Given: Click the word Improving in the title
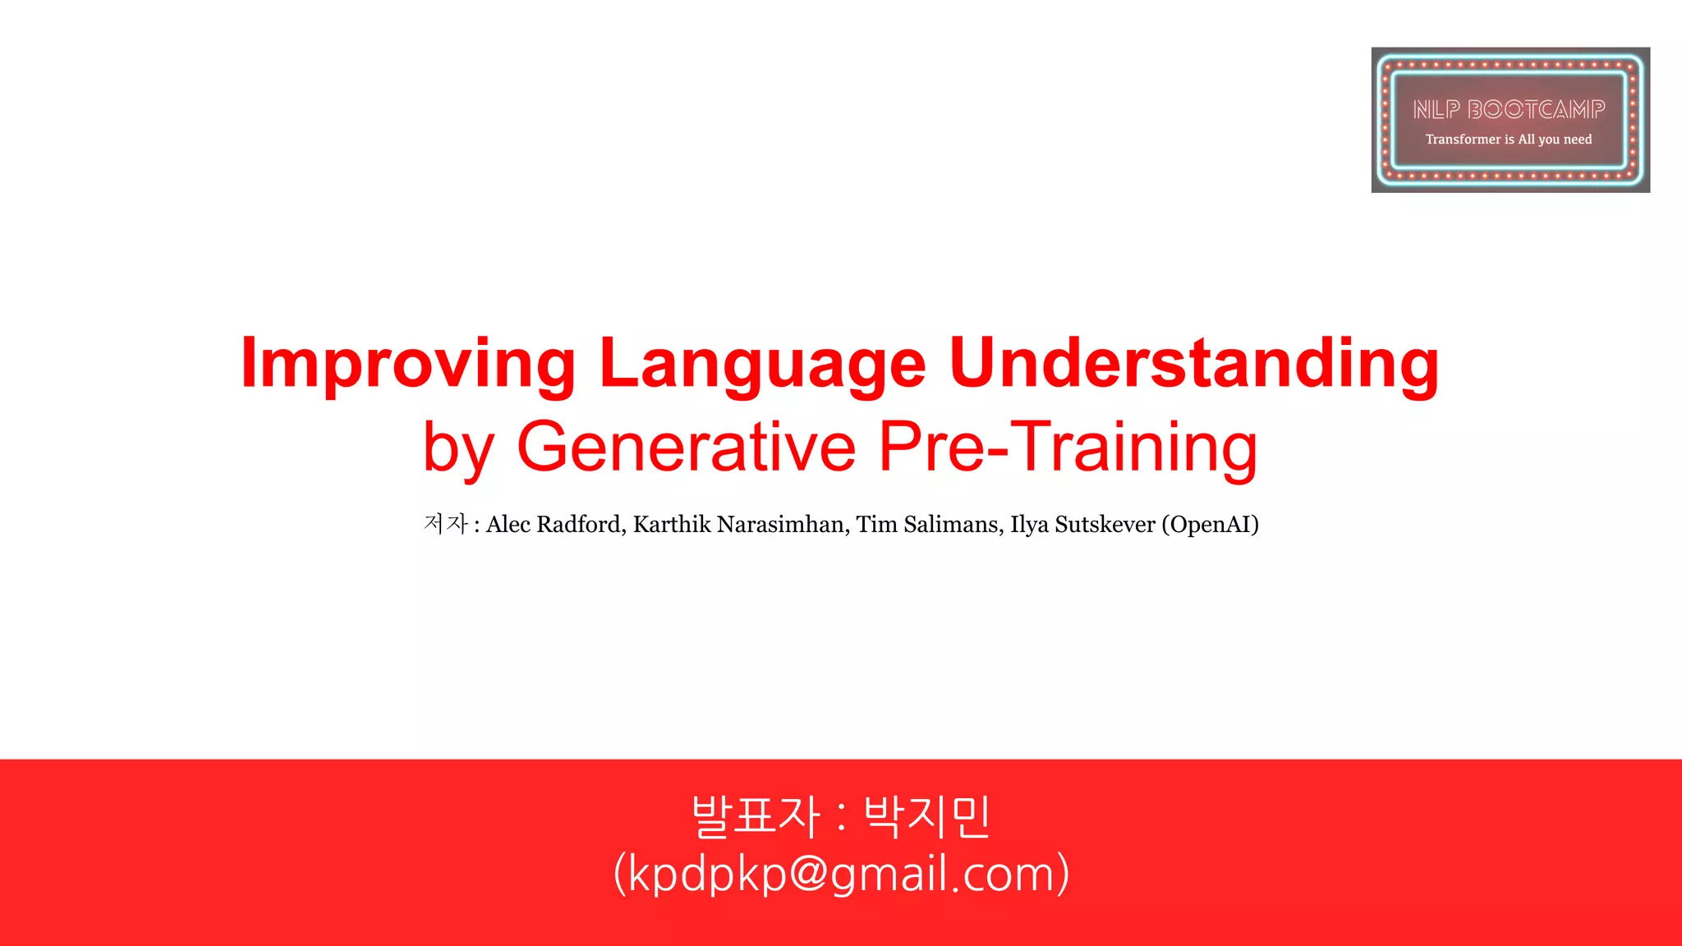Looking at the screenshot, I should click(x=408, y=364).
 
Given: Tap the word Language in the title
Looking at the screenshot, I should click(x=763, y=364).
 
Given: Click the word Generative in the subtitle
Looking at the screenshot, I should click(x=687, y=447).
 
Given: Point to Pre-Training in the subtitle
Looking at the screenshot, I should click(x=1068, y=447).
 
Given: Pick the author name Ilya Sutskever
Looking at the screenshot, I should click(x=1082, y=524).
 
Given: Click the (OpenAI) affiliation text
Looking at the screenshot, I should click(x=1210, y=524).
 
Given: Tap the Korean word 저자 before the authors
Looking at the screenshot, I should click(x=446, y=524).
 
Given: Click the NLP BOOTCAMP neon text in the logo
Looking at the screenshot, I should click(x=1509, y=109).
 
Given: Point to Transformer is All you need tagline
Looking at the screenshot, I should click(x=1509, y=140).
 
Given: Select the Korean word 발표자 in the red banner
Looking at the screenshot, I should click(x=756, y=817).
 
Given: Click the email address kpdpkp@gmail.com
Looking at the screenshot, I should click(x=842, y=874).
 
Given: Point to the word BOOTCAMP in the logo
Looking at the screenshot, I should click(x=1536, y=109).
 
